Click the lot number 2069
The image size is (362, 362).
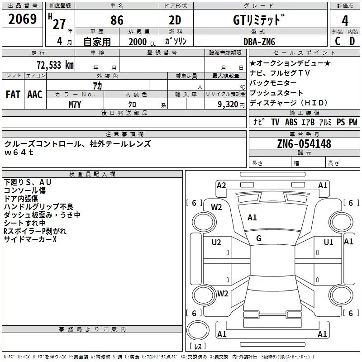point(23,19)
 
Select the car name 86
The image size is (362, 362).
point(117,21)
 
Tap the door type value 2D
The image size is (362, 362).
point(175,21)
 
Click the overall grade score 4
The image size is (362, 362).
point(345,21)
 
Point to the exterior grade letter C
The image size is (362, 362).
point(337,41)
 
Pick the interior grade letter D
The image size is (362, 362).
point(352,41)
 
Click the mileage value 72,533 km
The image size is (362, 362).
point(55,65)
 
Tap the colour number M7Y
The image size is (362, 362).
point(75,105)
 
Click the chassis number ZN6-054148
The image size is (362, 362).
point(304,144)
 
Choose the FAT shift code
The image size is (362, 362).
point(13,95)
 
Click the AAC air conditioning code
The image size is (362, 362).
point(34,95)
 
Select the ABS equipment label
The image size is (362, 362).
point(291,122)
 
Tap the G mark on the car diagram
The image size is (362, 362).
point(259,238)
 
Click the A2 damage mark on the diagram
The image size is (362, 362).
point(221,185)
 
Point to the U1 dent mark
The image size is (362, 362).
point(329,243)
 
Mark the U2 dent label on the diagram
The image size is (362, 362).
point(216,243)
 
